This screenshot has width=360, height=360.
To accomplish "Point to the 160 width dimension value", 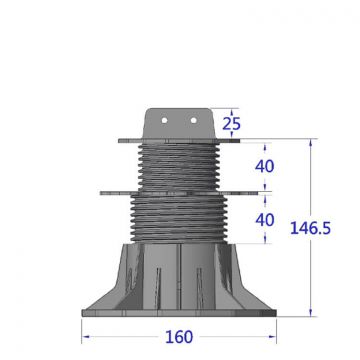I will coord(178,337).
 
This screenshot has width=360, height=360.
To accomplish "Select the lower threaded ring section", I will coord(176,214).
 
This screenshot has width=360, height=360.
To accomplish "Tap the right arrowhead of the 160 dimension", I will coord(272,336).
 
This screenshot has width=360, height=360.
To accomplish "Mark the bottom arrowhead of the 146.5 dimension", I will coord(313,313).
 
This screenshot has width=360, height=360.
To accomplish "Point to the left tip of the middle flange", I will coord(101,189).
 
